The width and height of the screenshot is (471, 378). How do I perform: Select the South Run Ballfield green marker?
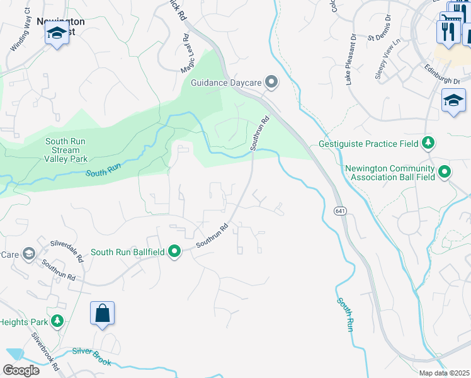point(174,252)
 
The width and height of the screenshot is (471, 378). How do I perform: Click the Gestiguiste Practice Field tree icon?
point(428,144)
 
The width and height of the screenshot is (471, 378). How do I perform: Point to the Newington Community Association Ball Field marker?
point(445,171)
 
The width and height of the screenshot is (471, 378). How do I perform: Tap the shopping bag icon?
point(102,314)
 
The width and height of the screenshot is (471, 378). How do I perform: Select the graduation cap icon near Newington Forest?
point(57,34)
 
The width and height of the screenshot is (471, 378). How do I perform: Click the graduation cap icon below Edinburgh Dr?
point(453,101)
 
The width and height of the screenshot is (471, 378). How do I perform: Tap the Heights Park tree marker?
point(58,322)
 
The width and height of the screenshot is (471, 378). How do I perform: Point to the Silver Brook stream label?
point(91,357)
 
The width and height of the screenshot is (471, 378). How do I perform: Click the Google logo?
point(21,370)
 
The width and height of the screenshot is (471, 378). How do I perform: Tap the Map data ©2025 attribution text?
point(443,373)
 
